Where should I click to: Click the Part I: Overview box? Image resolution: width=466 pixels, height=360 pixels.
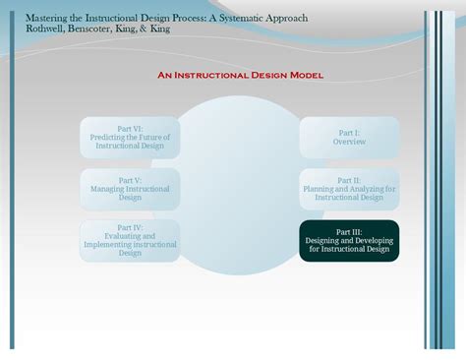tap(349, 137)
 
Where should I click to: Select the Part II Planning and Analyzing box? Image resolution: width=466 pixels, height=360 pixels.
tap(349, 189)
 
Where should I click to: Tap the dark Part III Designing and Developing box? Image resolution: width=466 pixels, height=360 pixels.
tap(349, 240)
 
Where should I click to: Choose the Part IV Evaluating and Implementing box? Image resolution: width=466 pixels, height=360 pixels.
tap(130, 240)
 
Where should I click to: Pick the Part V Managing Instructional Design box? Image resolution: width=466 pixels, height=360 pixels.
tap(130, 189)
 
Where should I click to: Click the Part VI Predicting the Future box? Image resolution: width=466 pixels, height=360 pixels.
tap(130, 137)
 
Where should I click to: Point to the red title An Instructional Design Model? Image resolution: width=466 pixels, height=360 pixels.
tap(241, 75)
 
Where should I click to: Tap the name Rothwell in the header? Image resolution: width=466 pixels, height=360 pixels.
tap(47, 29)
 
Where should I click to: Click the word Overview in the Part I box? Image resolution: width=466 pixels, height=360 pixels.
tap(349, 142)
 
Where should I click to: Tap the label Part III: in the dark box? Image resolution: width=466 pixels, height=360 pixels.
tap(349, 231)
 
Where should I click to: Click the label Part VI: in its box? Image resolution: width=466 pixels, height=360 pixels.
tap(130, 129)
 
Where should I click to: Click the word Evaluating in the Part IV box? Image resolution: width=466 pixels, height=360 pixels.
tap(130, 236)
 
